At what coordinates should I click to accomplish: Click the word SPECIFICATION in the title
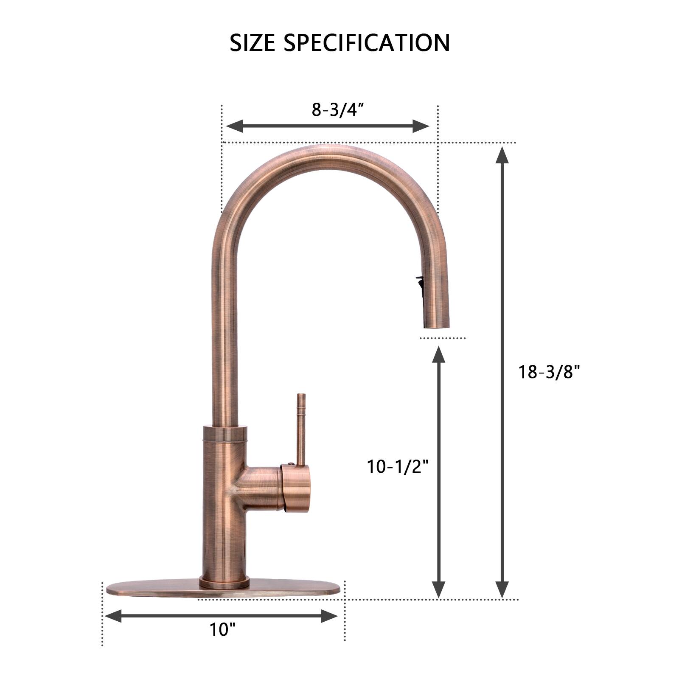[x=366, y=43]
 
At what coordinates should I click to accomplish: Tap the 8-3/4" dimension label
[x=338, y=109]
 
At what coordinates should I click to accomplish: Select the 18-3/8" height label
[x=549, y=372]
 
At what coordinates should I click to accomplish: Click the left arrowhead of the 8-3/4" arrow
[x=234, y=126]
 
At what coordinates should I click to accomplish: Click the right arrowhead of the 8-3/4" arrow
[x=421, y=126]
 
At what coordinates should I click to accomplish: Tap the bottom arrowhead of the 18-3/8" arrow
[x=502, y=589]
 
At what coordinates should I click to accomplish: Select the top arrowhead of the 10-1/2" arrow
[x=438, y=355]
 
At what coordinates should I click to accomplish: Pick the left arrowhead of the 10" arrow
[x=113, y=616]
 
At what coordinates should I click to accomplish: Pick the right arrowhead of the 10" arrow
[x=329, y=616]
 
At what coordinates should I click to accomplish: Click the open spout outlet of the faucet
[x=436, y=327]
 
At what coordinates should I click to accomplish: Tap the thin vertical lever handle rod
[x=301, y=429]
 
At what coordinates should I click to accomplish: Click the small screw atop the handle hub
[x=290, y=464]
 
